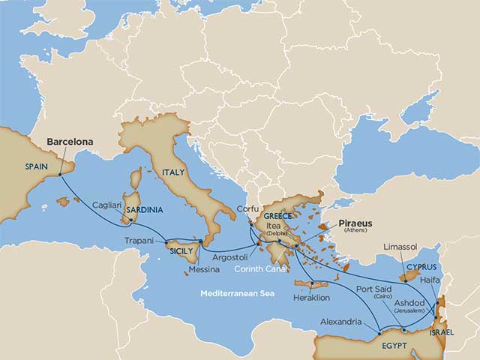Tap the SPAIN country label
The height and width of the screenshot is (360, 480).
(x=37, y=166)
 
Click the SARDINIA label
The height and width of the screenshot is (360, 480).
(x=145, y=210)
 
